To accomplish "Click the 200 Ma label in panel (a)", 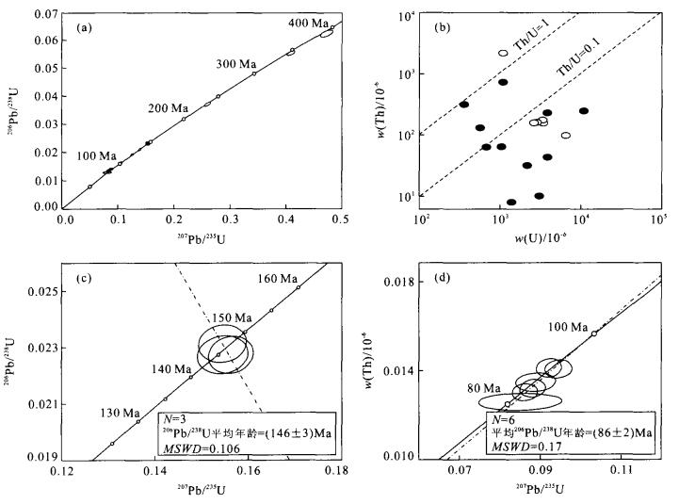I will coord(168,109).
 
